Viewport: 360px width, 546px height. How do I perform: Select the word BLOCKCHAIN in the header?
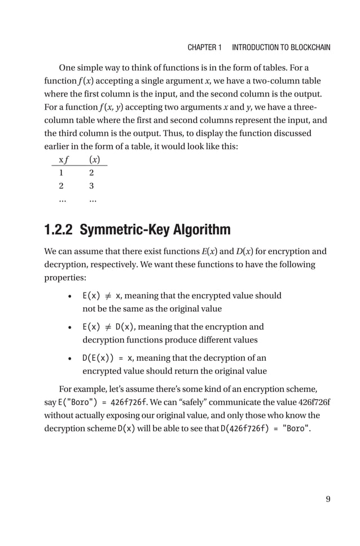pyautogui.click(x=302, y=47)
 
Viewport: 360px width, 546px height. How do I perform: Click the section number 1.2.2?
pyautogui.click(x=59, y=230)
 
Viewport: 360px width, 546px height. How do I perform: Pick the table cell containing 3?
pyautogui.click(x=91, y=185)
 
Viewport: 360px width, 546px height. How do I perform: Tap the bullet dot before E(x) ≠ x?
pyautogui.click(x=68, y=296)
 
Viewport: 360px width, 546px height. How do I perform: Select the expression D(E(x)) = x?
pyautogui.click(x=107, y=358)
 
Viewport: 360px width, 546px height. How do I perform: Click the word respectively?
pyautogui.click(x=98, y=264)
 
